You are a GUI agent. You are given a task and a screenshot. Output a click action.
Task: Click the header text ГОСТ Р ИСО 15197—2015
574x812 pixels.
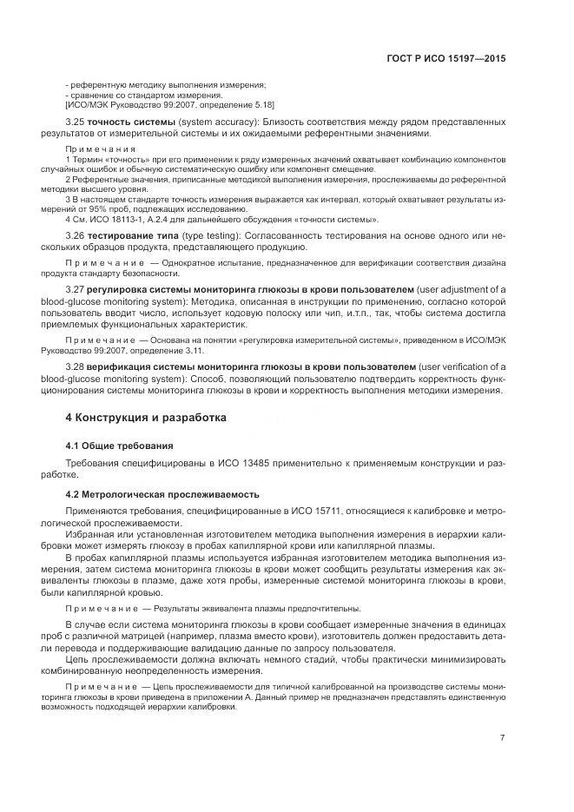(446, 60)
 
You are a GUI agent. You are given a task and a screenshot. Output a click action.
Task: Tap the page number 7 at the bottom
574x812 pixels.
(503, 738)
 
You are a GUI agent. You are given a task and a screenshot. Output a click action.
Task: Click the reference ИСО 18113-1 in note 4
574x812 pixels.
(115, 221)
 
